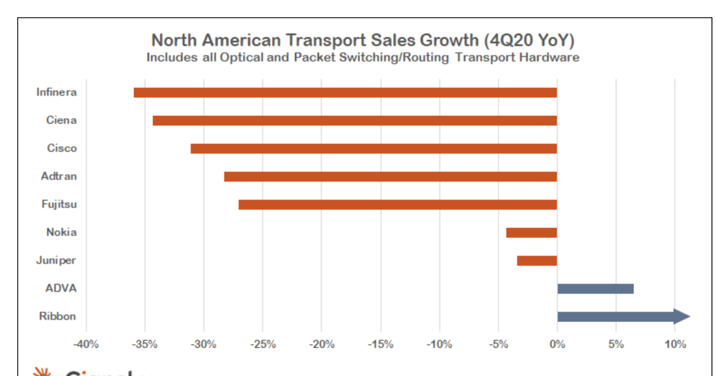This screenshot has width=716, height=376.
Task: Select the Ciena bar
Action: click(354, 121)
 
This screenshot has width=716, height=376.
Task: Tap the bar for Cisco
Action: click(374, 149)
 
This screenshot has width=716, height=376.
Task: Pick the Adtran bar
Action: click(390, 177)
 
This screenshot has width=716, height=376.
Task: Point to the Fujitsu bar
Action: click(397, 205)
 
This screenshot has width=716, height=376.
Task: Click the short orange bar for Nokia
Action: click(531, 233)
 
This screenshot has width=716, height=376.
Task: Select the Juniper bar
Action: click(536, 261)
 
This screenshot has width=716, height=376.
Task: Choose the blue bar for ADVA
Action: click(595, 289)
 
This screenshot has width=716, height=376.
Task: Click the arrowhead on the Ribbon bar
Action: click(682, 317)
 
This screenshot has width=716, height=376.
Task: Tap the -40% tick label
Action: click(86, 344)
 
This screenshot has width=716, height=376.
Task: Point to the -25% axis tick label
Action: click(263, 344)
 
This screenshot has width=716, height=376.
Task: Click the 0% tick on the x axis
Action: click(557, 344)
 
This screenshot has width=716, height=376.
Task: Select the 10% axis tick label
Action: click(674, 344)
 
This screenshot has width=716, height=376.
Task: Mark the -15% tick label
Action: click(380, 344)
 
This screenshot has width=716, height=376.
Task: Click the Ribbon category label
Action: click(57, 316)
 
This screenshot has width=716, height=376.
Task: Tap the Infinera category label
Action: click(56, 93)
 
